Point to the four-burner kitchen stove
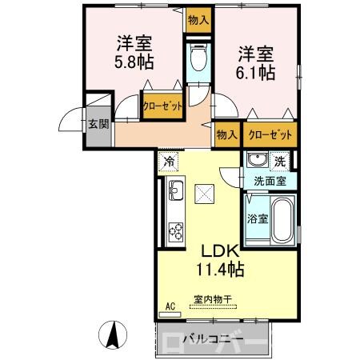point(176,229)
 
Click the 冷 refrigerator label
point(169,162)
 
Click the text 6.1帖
point(254,71)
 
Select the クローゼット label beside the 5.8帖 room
point(162,106)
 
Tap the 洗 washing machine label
point(279,161)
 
